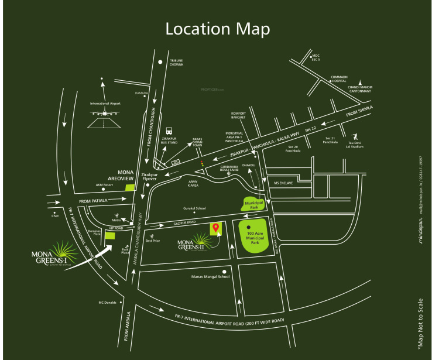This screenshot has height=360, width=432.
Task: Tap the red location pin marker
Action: click(215, 227)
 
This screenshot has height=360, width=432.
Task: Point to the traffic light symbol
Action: click(202, 164)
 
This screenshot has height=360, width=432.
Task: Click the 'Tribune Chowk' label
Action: click(176, 62)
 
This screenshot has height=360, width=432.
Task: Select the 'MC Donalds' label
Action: click(109, 303)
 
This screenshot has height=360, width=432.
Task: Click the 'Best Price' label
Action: click(153, 241)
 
